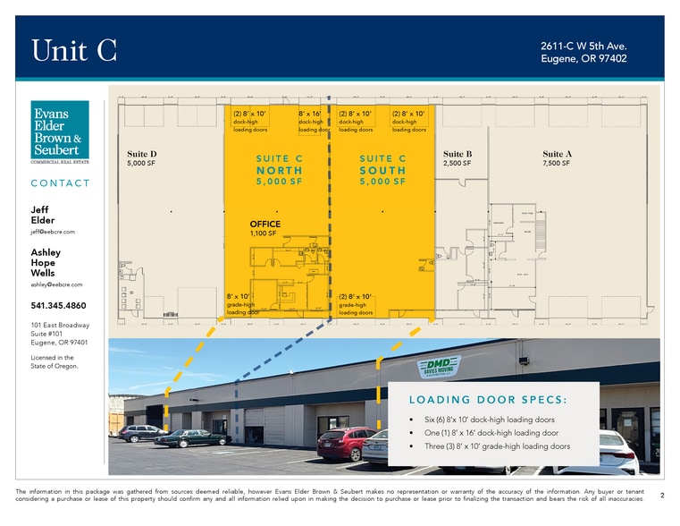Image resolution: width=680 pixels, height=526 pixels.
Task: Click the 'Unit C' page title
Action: pos(74,51)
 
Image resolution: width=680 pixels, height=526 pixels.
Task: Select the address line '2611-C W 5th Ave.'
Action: pos(583,46)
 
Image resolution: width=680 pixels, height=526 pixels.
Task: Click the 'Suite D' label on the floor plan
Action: pos(142,155)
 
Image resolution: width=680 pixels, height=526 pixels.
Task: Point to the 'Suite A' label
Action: pos(558,155)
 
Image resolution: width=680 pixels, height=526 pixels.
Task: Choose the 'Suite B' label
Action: pos(458,155)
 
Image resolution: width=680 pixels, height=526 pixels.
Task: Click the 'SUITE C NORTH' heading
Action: pos(279,170)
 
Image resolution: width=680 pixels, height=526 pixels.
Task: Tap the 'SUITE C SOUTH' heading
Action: pos(382,170)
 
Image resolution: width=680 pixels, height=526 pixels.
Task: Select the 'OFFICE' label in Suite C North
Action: pos(265,225)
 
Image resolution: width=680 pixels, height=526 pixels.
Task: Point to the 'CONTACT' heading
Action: pos(61,183)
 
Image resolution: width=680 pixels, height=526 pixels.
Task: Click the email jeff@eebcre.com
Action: pos(53,232)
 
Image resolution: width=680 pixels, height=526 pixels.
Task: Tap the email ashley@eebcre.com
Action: pos(56,284)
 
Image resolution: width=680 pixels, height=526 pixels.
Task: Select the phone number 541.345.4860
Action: pos(59,305)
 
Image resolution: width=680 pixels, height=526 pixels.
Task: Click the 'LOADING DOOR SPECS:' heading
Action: pos(489,398)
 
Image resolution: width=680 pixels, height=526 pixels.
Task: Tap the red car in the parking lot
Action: pos(346,443)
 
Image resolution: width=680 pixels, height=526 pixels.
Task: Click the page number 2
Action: pos(661,494)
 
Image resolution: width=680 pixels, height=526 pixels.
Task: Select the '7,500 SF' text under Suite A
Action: pos(556,164)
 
